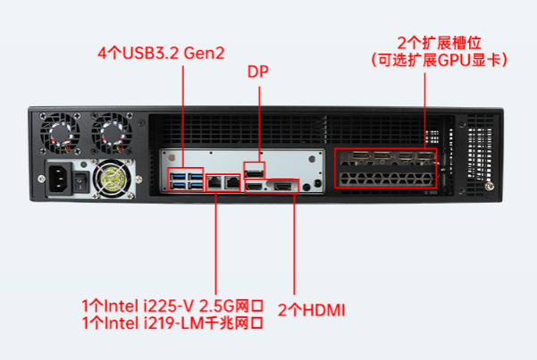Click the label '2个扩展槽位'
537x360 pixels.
pyautogui.click(x=438, y=43)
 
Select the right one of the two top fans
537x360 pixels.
pyautogui.click(x=113, y=132)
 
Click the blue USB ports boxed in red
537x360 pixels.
pyautogui.click(x=188, y=180)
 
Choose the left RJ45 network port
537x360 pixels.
pyautogui.click(x=215, y=181)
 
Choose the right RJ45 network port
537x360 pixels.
pyautogui.click(x=231, y=181)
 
